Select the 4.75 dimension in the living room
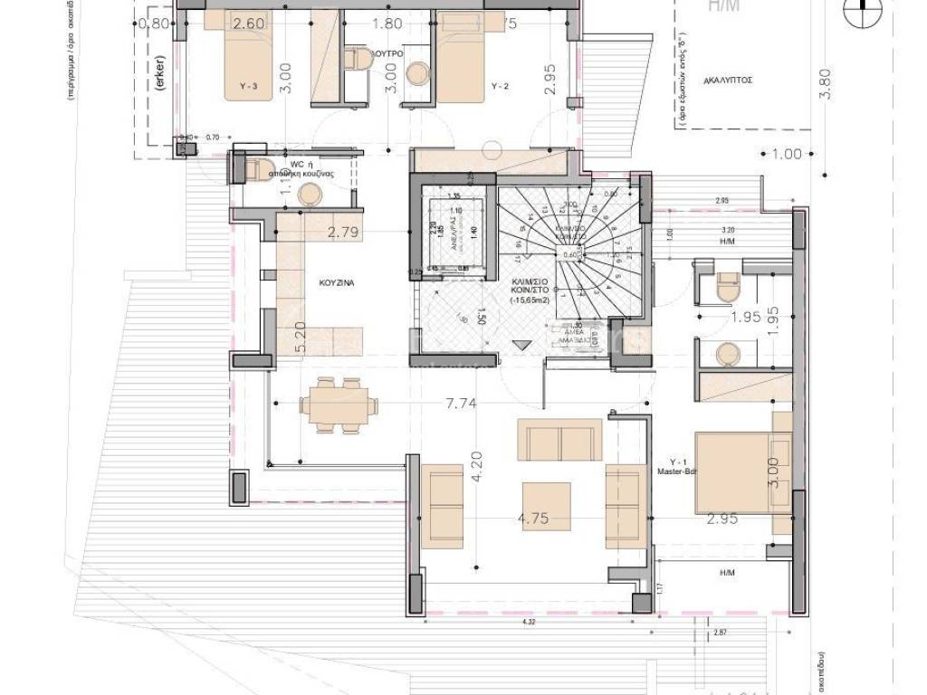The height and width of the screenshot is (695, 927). click(x=534, y=519)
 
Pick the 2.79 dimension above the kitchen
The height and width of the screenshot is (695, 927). click(x=344, y=233)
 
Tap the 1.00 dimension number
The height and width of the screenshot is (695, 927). click(x=787, y=154)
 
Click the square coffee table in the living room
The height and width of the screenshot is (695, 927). click(x=546, y=505)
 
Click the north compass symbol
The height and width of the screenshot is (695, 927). click(x=863, y=11)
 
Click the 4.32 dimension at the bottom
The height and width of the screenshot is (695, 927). click(x=528, y=622)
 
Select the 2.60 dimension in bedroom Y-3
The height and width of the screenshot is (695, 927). click(x=248, y=24)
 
